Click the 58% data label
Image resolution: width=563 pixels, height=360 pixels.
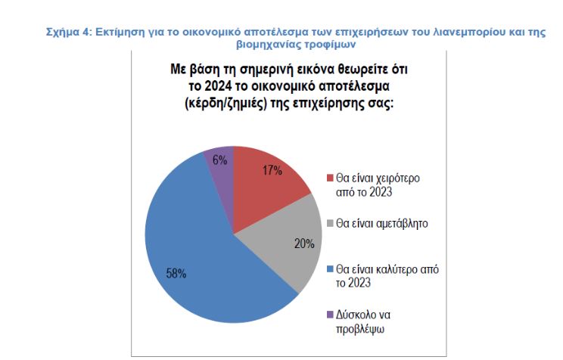pyautogui.click(x=177, y=273)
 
